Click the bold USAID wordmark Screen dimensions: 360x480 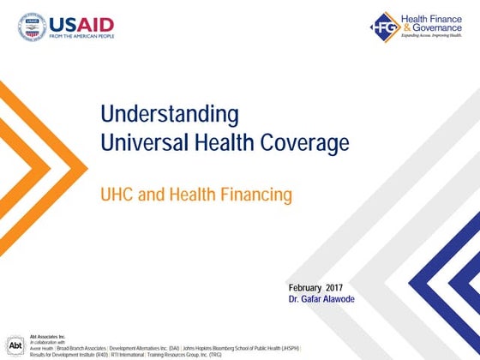click(88, 24)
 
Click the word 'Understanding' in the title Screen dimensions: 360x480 click(169, 114)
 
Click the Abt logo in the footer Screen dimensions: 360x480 click(15, 344)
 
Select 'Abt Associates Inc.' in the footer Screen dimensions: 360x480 click(48, 337)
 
